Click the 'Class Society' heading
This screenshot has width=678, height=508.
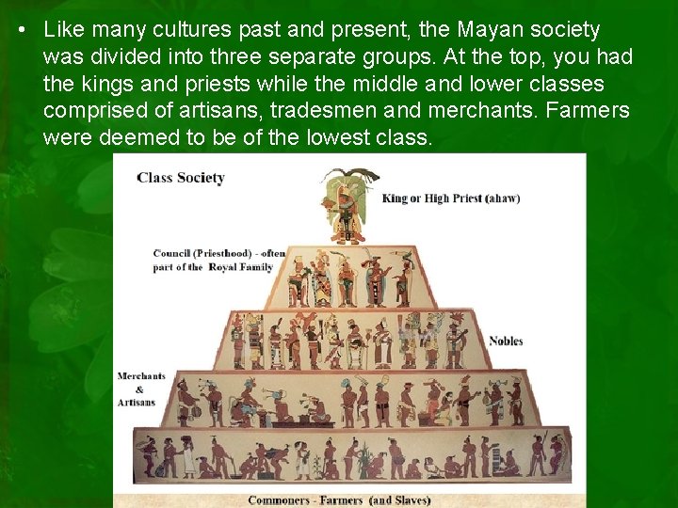[x=181, y=178]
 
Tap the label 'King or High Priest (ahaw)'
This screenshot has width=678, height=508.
[x=451, y=198]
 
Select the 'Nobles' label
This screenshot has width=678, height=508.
[x=506, y=341]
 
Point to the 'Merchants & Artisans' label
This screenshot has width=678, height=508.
[x=140, y=389]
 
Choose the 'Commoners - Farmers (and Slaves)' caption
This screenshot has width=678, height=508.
[x=339, y=500]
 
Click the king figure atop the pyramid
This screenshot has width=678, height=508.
[x=347, y=207]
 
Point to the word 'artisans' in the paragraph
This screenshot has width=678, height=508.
[x=222, y=111]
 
